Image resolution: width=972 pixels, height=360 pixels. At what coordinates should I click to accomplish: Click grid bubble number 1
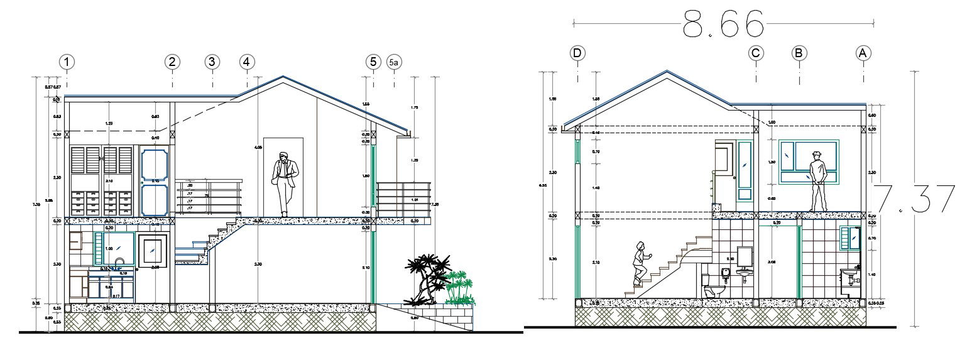[x=67, y=62]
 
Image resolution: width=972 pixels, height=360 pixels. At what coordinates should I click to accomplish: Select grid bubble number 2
[x=172, y=62]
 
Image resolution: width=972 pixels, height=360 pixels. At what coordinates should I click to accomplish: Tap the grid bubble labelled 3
[x=212, y=62]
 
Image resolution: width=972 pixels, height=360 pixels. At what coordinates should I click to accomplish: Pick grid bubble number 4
[x=247, y=62]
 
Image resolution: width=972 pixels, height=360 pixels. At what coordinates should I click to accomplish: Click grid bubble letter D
[x=577, y=53]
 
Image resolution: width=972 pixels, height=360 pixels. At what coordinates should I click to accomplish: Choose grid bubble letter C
[x=756, y=53]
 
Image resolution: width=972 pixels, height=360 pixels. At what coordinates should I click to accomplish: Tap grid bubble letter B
[x=799, y=53]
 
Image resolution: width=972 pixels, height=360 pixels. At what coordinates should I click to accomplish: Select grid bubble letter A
[x=864, y=53]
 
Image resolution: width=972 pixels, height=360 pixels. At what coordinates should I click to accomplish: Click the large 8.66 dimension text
[x=723, y=26]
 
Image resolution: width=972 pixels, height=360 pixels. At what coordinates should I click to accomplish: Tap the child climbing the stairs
[x=641, y=263]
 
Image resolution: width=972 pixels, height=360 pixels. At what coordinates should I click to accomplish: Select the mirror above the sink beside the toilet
[x=745, y=256]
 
